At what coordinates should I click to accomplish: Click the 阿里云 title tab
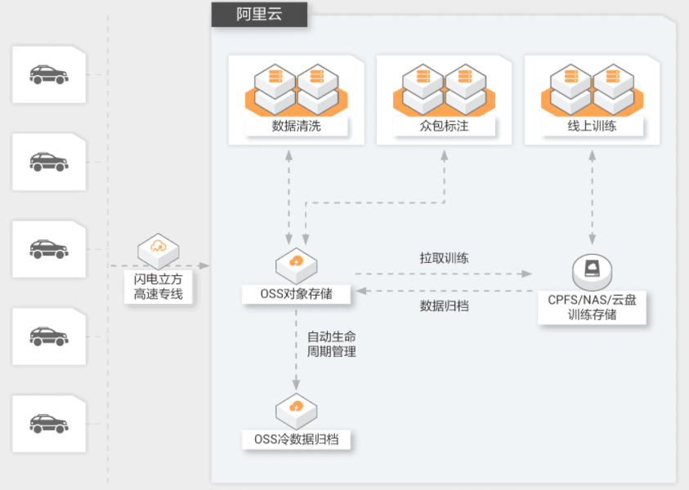coord(259,15)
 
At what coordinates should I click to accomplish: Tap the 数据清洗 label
coord(296,127)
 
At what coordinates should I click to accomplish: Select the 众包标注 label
coord(444,127)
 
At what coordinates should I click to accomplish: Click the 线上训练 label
coord(592,127)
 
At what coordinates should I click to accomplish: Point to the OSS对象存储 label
coord(296,294)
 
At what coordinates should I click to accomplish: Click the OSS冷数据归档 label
coord(296,439)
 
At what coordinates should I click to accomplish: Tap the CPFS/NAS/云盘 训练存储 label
coord(592,307)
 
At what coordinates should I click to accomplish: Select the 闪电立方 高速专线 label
coord(159,287)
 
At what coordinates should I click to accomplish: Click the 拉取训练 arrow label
coord(445,258)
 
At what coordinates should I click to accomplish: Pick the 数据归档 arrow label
coord(445,305)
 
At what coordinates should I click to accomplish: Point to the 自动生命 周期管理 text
coord(331,345)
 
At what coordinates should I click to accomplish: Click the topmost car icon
coord(49,74)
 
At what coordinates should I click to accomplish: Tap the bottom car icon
coord(49,424)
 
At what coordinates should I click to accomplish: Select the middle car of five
coord(49,249)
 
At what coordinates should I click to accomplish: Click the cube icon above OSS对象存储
coord(296,265)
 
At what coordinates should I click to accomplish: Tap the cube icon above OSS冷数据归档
coord(296,411)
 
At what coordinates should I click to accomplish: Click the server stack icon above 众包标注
coord(444,90)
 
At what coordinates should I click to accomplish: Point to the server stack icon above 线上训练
coord(592,90)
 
